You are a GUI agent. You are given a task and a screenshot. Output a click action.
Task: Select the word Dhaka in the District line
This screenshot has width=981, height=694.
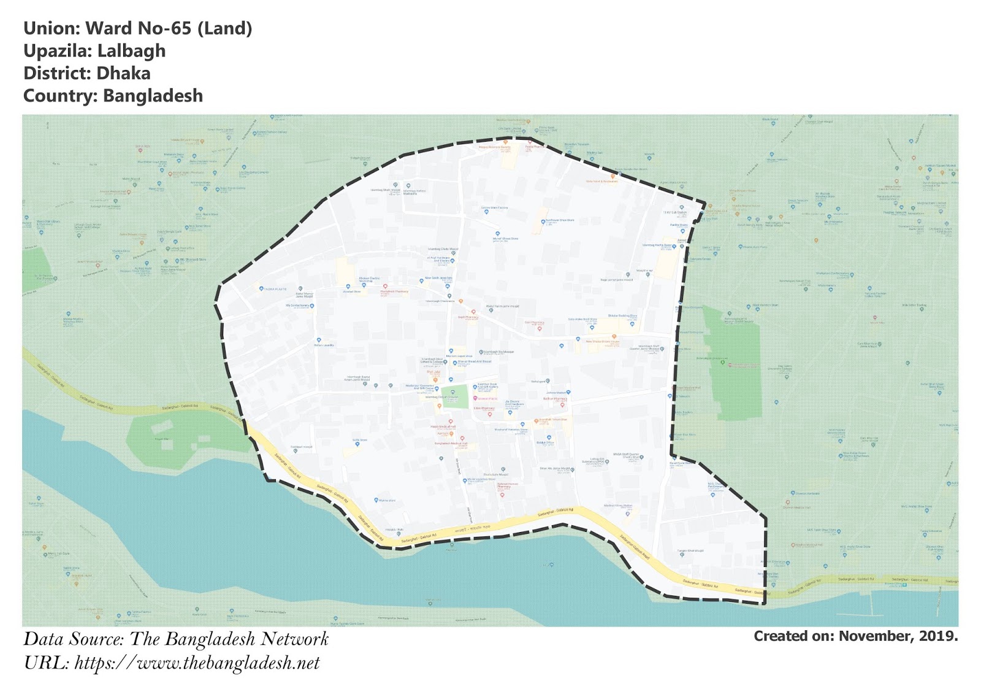(x=123, y=74)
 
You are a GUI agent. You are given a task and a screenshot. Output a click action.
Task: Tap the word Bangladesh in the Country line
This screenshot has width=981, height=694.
(x=153, y=96)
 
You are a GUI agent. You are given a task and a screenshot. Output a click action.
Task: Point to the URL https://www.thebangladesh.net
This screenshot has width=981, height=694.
(x=197, y=663)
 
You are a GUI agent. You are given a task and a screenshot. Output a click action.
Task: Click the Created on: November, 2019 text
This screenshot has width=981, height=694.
(x=855, y=636)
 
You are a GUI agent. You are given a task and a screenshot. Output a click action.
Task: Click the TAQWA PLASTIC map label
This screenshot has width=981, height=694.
(x=275, y=288)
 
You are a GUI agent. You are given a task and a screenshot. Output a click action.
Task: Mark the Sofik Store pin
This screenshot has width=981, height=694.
(x=357, y=443)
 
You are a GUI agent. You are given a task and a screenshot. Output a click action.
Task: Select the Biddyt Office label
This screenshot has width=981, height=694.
(x=545, y=442)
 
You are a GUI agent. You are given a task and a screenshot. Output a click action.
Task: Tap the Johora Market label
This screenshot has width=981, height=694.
(x=556, y=393)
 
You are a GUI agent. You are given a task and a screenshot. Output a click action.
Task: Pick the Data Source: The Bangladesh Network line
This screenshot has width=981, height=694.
(x=176, y=639)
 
